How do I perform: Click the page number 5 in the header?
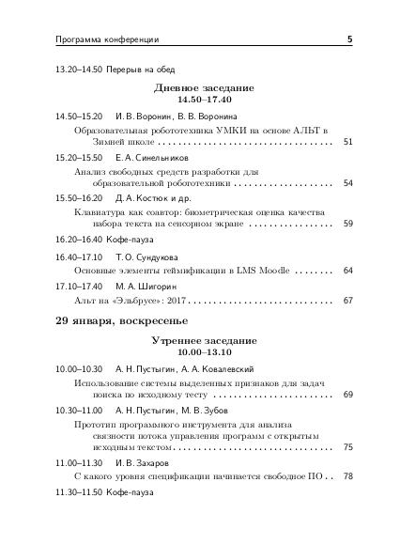click(349, 39)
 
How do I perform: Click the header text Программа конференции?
click(95, 39)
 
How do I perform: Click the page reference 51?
click(347, 141)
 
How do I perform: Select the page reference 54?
click(347, 182)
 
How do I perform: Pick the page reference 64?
click(347, 271)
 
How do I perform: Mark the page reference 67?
click(347, 301)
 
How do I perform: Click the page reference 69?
click(347, 395)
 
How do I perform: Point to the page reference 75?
click(347, 446)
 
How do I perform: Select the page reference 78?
click(347, 476)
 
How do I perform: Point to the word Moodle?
click(270, 271)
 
